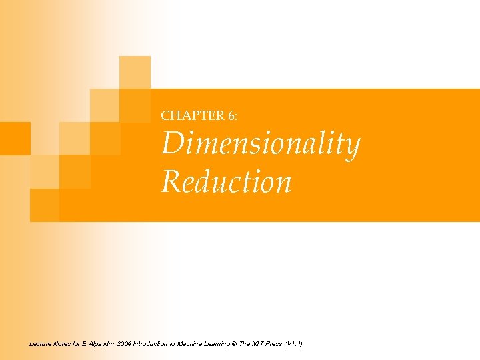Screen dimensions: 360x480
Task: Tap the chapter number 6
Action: pos(230,115)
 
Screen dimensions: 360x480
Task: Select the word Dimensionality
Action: pos(260,145)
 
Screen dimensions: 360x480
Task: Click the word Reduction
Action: pos(226,181)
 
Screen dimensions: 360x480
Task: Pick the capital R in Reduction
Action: pos(170,181)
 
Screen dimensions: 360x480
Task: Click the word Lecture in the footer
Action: pos(41,343)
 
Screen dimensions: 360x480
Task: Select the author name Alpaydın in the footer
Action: pos(100,343)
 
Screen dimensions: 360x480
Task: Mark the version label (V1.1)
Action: pos(293,343)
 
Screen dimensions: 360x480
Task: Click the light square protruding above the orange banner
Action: pos(135,72)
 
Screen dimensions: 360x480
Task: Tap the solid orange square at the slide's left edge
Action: pos(15,139)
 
